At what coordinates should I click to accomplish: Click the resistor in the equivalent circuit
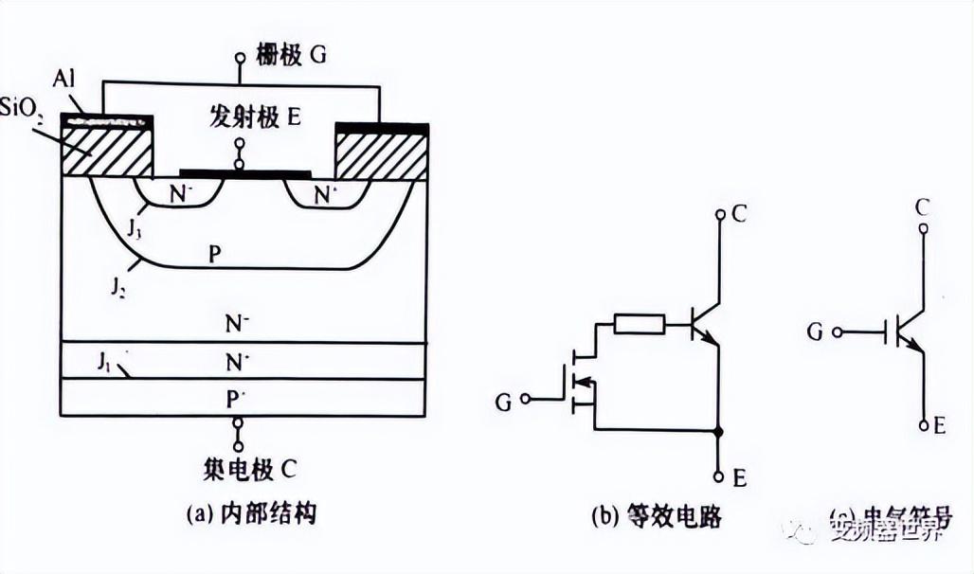tap(640, 325)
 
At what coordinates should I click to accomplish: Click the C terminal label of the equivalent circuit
tap(739, 214)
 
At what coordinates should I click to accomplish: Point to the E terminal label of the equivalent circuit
tap(739, 478)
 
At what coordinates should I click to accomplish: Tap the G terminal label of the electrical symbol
tap(814, 332)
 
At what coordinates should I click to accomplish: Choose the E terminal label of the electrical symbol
tap(939, 426)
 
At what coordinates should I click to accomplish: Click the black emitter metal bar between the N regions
tap(244, 174)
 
